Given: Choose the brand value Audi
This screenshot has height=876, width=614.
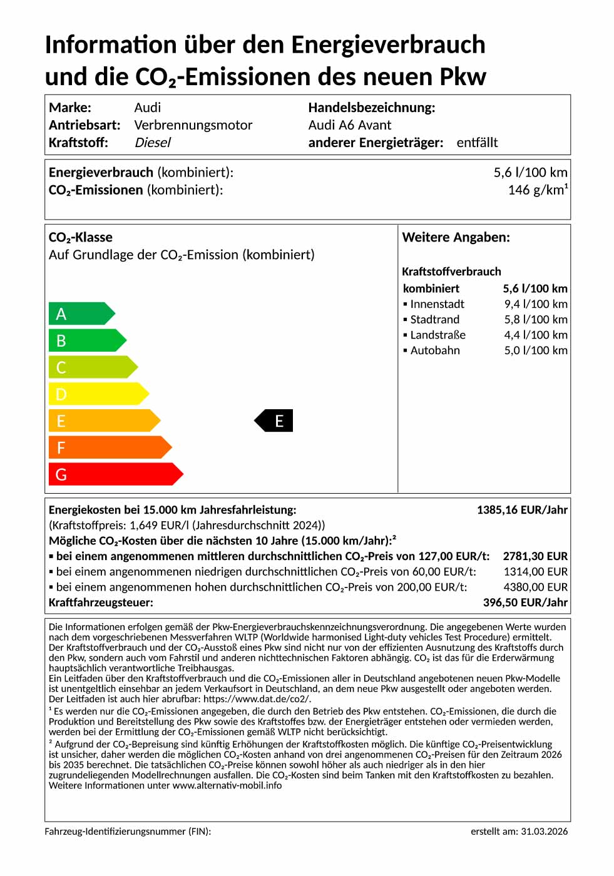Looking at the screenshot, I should click(x=148, y=108).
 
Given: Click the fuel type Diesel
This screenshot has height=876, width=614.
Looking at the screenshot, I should click(x=153, y=143).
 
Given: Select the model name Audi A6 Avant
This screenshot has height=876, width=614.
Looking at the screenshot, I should click(x=349, y=125).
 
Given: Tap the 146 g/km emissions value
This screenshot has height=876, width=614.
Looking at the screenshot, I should click(x=538, y=190).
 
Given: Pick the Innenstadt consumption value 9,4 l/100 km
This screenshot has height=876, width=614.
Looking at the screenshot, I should click(x=536, y=304).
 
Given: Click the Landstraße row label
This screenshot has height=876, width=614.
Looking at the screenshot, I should click(x=437, y=335).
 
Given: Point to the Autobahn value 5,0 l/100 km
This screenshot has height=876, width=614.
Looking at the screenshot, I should click(x=536, y=350).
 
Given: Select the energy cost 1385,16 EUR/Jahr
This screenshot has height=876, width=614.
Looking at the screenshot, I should click(x=522, y=510).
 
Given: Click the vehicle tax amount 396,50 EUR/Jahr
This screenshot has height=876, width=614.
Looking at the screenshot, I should click(x=525, y=603).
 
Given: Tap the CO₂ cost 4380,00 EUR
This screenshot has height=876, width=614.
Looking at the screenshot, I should click(x=535, y=587).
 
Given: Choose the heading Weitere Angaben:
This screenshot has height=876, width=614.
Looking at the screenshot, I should click(x=456, y=238).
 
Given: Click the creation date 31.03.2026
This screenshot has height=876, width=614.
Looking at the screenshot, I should click(x=544, y=832).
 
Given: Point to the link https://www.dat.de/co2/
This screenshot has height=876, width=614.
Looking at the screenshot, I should click(x=257, y=699).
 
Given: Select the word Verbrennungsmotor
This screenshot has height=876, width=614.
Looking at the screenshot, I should click(x=193, y=125).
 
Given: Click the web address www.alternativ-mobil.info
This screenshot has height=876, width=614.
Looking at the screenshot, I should click(x=227, y=785).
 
